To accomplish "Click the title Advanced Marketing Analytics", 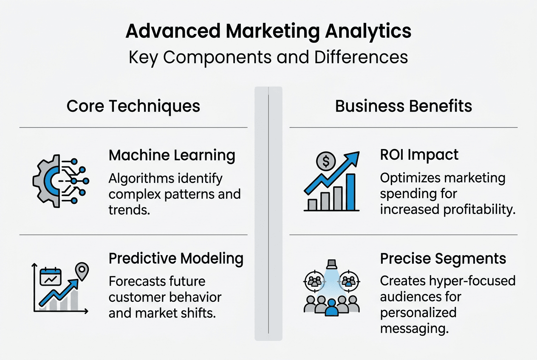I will [x=268, y=32].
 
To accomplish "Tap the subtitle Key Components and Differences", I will [x=268, y=57].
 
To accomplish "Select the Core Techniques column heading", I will [x=133, y=106].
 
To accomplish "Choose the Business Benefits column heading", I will [x=404, y=106].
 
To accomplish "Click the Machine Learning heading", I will [x=172, y=155].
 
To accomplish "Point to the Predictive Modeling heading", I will [x=176, y=258].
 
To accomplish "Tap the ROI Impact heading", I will [x=419, y=155].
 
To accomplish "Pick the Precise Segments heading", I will [x=443, y=258].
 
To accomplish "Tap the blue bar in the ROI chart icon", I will [x=350, y=192].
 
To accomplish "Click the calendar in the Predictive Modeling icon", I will [x=51, y=277].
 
